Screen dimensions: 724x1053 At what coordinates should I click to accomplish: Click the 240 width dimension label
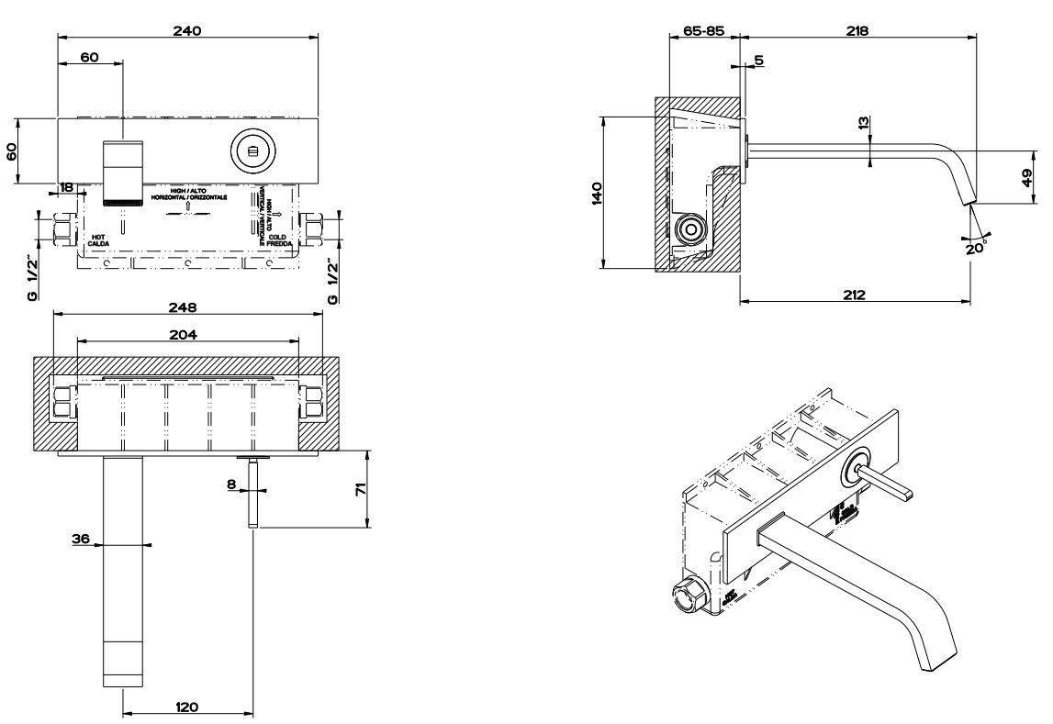tap(187, 29)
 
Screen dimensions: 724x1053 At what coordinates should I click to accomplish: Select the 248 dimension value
tap(187, 306)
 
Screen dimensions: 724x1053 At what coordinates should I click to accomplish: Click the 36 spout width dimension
tap(81, 540)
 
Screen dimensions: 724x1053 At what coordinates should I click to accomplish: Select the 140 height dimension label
tap(596, 192)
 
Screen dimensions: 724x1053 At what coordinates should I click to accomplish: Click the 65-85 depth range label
tap(704, 30)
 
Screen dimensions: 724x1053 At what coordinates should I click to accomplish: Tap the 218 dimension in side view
tap(857, 30)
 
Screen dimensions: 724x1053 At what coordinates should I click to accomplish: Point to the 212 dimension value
tap(856, 295)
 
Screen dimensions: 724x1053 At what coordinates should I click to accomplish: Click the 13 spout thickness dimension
tap(862, 122)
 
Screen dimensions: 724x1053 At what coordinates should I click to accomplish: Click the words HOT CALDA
tap(100, 239)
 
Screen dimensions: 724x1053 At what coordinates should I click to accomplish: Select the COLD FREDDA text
tap(279, 239)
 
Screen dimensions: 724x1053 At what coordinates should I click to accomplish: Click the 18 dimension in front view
tap(67, 187)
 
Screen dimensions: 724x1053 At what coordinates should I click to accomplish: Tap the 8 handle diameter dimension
tap(233, 484)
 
